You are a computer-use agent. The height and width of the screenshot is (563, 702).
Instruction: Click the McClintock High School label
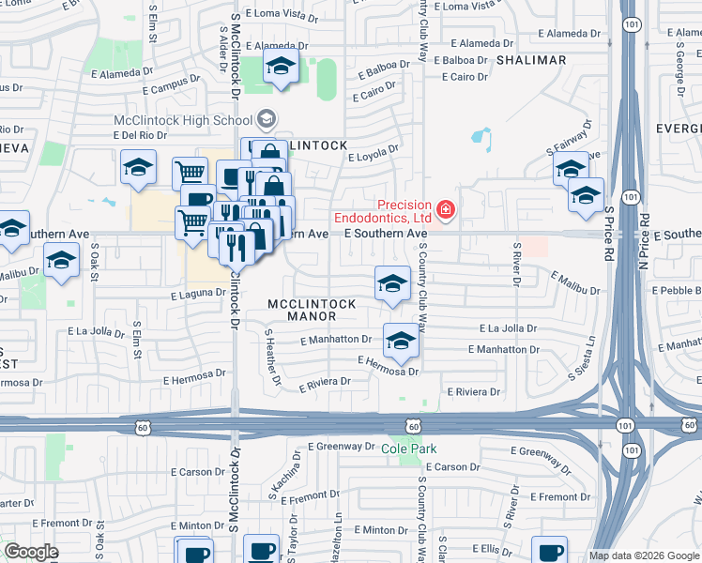pos(182,121)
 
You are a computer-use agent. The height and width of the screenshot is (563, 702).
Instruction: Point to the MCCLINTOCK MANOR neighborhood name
pos(312,311)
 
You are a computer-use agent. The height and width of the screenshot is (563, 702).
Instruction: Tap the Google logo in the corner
pos(31,552)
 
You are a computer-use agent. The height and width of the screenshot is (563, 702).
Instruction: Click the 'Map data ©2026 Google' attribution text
pos(644,555)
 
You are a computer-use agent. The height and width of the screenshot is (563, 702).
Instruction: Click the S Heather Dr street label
pos(273,358)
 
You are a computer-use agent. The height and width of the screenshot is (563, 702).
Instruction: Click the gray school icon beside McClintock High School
pos(267,119)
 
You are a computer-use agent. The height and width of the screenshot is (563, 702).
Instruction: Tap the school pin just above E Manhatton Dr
pos(401,341)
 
